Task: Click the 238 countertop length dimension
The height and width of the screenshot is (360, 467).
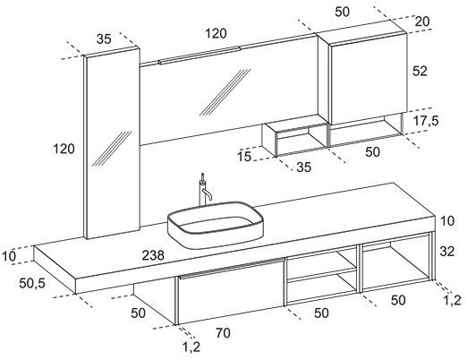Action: pos(153,255)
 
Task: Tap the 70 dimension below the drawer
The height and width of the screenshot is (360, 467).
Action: pos(223,332)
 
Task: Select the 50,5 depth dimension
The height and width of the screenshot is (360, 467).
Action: pos(32,283)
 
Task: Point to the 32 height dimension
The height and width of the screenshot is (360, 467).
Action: pos(447,252)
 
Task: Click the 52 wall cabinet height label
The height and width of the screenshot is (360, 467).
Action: pos(420,71)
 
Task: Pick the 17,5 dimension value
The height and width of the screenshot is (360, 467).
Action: pos(426,121)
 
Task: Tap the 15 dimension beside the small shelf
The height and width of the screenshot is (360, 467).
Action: pos(244,157)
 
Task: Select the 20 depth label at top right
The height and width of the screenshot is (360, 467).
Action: pos(422,21)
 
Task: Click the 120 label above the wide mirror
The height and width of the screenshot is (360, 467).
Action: pos(216,33)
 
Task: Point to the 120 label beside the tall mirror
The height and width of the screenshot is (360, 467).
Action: pos(64,149)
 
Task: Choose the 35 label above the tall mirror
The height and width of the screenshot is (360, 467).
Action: pos(104,39)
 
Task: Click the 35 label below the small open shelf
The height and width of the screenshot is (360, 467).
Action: pos(304,167)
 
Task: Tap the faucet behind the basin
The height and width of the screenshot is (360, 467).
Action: pos(205,190)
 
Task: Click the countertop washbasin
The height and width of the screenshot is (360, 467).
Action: pos(216,225)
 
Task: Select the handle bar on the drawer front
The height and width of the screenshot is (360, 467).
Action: pos(231,268)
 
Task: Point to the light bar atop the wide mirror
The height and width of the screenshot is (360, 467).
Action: pos(200,55)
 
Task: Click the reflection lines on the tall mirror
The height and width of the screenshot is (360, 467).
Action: pos(113,148)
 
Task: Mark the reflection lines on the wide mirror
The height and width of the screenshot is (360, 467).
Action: pos(225,92)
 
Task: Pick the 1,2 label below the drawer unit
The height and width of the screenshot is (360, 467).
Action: pos(191,347)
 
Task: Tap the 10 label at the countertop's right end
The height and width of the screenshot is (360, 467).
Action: pos(447,221)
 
